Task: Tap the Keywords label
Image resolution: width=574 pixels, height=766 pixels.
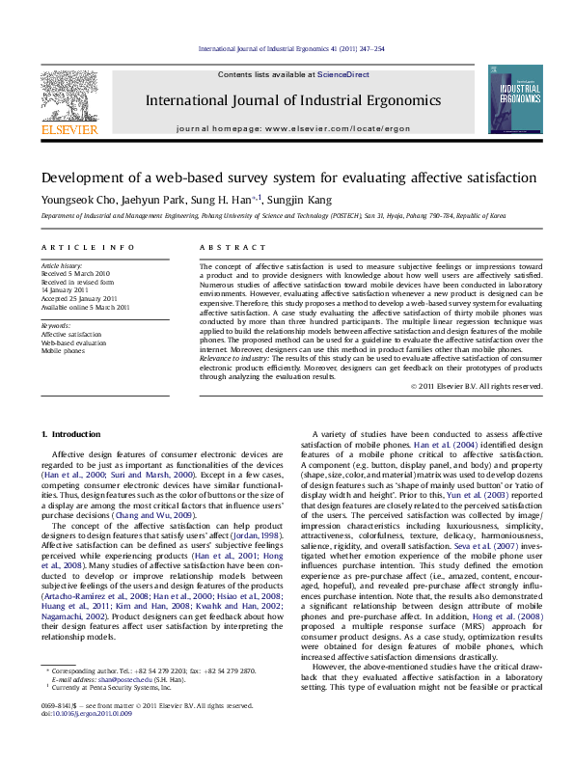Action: tap(55, 325)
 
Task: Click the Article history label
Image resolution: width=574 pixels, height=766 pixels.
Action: tap(62, 264)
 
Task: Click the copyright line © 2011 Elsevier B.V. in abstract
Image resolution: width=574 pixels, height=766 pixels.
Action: tap(477, 386)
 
